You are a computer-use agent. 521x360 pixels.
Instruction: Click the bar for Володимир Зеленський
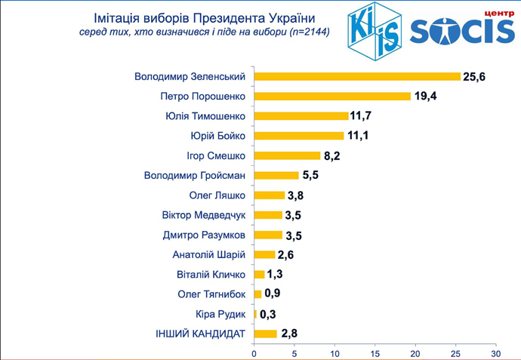pyautogui.click(x=357, y=76)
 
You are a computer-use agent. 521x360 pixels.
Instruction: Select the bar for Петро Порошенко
pyautogui.click(x=332, y=96)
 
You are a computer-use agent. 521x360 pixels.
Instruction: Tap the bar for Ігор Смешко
pyautogui.click(x=288, y=155)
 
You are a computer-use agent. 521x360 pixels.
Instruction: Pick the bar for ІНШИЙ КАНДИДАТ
pyautogui.click(x=266, y=333)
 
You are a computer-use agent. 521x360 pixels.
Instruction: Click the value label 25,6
pyautogui.click(x=476, y=76)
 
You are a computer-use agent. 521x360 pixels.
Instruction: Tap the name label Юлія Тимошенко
pyautogui.click(x=205, y=116)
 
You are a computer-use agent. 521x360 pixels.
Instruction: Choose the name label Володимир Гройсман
pyautogui.click(x=195, y=175)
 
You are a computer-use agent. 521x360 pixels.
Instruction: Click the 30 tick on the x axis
pyautogui.click(x=495, y=352)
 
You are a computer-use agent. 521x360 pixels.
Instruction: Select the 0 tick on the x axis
pyautogui.click(x=254, y=352)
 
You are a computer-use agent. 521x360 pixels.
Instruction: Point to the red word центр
pyautogui.click(x=487, y=13)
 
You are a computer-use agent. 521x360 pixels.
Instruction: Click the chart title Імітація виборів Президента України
pyautogui.click(x=204, y=17)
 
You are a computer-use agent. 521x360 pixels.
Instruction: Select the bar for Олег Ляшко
pyautogui.click(x=270, y=195)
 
